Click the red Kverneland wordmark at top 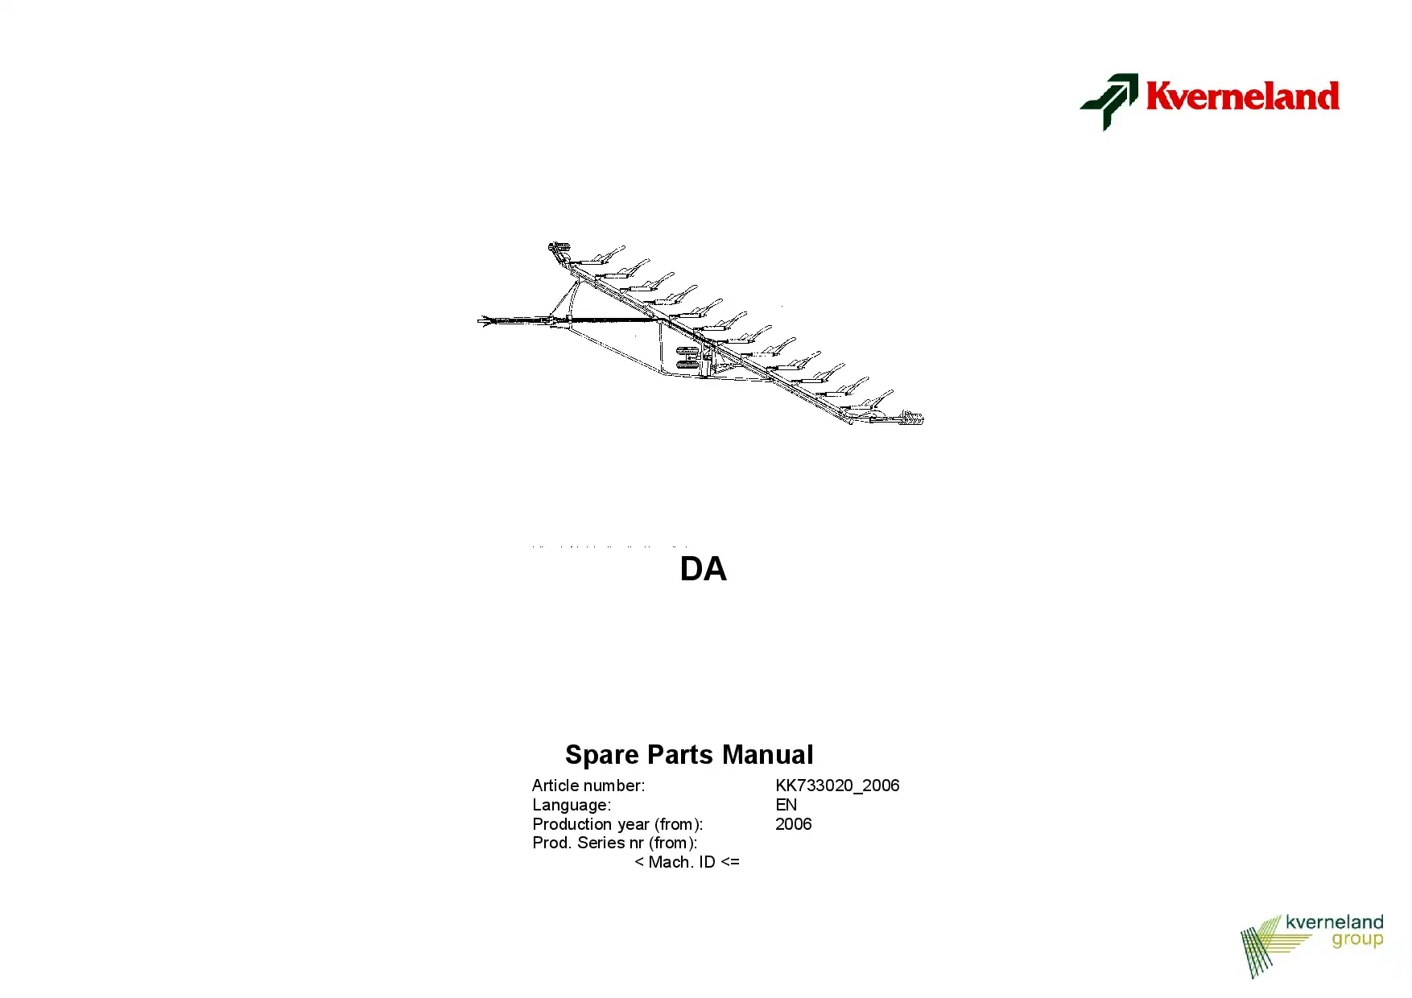point(1242,96)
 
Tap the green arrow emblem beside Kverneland point(1109,101)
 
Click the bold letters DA point(703,569)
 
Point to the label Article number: point(588,786)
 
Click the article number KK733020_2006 point(837,786)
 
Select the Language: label point(572,805)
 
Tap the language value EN point(787,805)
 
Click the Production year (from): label point(617,824)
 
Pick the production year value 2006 point(794,824)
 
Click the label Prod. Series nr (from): point(615,843)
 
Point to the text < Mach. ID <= point(687,862)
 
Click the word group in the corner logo point(1357,940)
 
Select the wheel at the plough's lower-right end point(913,417)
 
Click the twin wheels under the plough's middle point(687,357)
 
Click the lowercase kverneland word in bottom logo point(1335,922)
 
